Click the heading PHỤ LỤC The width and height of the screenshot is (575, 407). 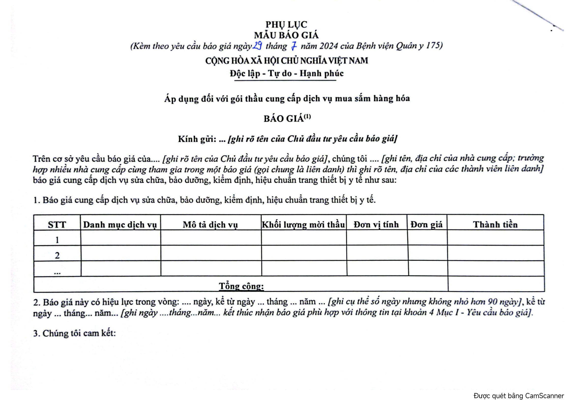coord(286,24)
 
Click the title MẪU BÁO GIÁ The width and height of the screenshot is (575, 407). coord(286,35)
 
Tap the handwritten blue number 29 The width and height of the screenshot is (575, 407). coord(257,46)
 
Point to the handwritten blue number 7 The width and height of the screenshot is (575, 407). coord(294,46)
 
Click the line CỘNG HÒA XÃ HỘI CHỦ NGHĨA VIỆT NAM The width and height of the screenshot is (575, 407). coord(286,61)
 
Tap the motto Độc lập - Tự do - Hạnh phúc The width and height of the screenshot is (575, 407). coord(286,73)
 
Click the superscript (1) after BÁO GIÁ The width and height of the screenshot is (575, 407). coord(307,117)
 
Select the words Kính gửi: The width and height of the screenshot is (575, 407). coord(197,139)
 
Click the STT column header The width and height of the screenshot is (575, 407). coord(57,225)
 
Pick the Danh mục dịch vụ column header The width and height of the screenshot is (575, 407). coord(120,225)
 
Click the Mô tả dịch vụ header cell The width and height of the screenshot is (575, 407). coord(210,225)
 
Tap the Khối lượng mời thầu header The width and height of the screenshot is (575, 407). coord(303,225)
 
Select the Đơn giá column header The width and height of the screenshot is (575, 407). coord(427,225)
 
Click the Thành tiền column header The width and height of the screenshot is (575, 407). coord(495,225)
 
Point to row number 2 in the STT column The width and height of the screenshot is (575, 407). coord(57,255)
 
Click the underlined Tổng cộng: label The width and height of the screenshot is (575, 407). coord(241,286)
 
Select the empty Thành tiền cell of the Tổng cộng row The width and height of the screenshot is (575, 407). coord(496,284)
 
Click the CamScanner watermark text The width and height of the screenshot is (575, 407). coord(519,396)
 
